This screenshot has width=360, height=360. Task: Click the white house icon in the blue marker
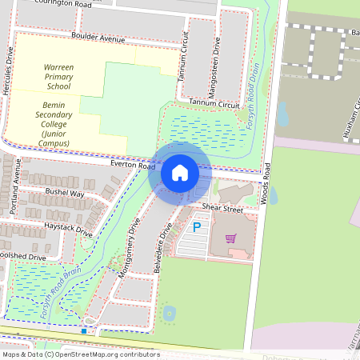180,173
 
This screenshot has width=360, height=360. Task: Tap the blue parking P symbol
197,228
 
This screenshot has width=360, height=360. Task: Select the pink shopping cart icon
231,238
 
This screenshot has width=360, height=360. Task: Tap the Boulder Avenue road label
98,38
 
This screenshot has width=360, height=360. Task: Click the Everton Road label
132,163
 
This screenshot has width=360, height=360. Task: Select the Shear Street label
222,207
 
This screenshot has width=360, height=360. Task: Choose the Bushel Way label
66,193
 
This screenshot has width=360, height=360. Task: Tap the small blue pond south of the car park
170,313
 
